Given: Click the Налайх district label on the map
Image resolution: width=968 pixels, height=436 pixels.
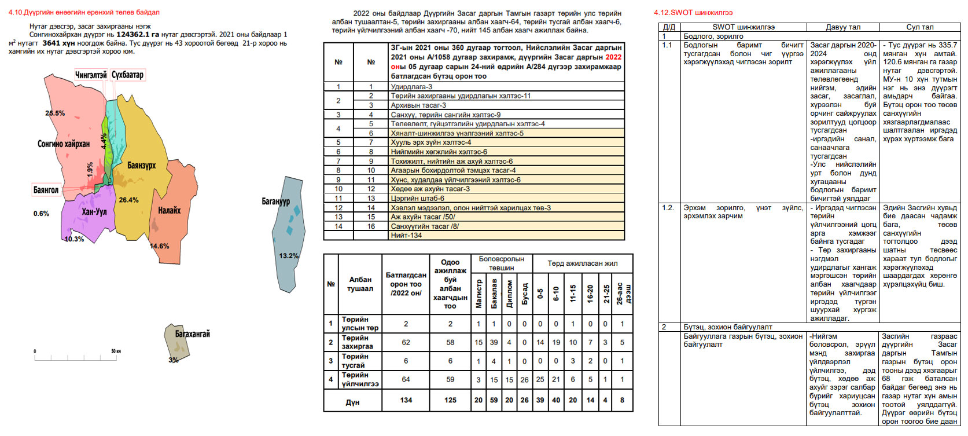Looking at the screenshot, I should (169, 211).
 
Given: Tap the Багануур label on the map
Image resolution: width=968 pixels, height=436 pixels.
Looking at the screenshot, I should (275, 201).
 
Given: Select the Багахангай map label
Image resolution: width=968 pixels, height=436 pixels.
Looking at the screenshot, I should (192, 334).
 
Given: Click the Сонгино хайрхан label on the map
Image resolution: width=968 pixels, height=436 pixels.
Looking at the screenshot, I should (64, 144).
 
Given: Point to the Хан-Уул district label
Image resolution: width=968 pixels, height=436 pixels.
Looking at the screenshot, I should (94, 212).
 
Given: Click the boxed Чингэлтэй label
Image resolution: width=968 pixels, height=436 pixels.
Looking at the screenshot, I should (91, 75).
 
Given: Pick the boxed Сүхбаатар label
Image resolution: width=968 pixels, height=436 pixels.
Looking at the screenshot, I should (127, 75).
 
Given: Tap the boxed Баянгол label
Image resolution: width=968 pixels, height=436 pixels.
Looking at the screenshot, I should (46, 190).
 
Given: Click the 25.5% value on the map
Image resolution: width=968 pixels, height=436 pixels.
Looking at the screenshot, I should (55, 113).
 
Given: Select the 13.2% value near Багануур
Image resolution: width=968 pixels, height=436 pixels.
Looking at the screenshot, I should (289, 256).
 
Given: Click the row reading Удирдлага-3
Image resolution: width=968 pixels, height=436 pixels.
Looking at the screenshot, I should (411, 87).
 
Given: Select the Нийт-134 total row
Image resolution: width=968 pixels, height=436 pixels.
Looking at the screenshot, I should (406, 236).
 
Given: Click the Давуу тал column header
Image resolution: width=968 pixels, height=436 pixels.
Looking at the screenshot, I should (842, 27).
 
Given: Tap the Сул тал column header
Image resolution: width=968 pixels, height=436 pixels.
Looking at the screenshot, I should (919, 27).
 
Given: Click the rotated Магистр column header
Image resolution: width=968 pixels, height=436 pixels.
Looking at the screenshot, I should (479, 294).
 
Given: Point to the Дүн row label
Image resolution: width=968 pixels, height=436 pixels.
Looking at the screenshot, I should (352, 402).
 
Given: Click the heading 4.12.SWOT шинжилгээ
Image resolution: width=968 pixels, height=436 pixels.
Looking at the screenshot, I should (693, 13).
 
